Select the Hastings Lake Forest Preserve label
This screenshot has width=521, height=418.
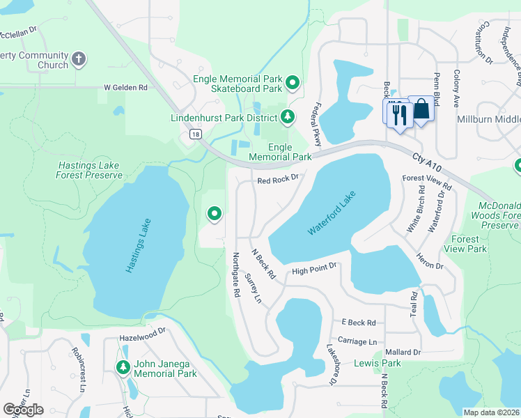coord(88,171)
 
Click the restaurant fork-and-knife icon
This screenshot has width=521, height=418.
coord(399,114)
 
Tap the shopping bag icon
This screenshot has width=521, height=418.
coord(421,109)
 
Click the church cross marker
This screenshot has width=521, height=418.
coord(79,59)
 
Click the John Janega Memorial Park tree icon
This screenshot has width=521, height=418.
coord(123,367)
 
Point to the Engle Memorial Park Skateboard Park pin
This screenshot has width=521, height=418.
coord(293,84)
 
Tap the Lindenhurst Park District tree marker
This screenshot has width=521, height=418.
coord(286,116)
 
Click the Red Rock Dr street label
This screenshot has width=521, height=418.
coord(277,179)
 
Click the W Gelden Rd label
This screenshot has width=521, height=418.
coord(125,88)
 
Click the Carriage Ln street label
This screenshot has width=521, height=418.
coord(357,341)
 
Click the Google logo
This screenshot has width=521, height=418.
coord(23,410)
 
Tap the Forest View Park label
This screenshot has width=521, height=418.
coord(467,244)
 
